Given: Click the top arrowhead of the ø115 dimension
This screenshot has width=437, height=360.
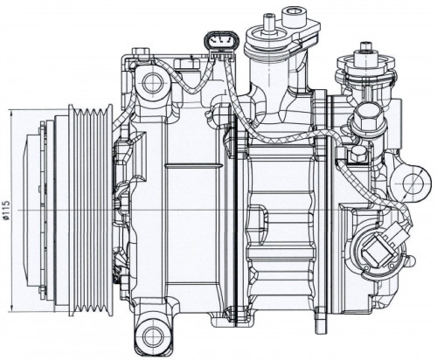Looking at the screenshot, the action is (x=11, y=113).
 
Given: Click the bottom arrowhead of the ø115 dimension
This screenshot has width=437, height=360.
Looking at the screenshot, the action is (x=11, y=308).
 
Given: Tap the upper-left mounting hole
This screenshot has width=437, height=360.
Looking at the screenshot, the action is (x=152, y=82).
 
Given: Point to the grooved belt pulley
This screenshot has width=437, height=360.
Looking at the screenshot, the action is (x=90, y=210).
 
